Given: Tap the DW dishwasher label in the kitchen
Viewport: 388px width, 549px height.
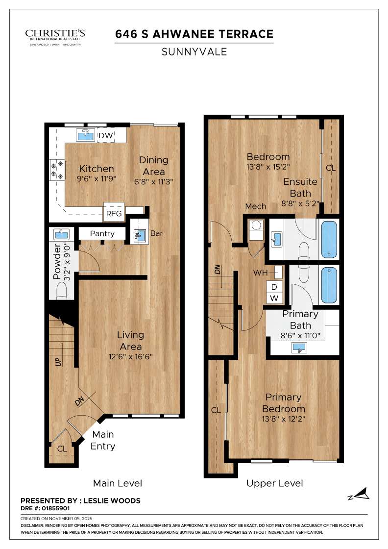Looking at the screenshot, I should (x=106, y=135).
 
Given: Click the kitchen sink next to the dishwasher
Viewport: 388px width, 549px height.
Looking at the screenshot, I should (x=86, y=134).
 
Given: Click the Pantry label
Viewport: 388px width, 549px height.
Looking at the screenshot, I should (x=102, y=234).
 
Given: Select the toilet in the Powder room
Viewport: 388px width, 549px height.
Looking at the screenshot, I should (x=62, y=292).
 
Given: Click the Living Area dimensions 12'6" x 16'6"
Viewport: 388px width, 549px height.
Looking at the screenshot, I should (x=130, y=356).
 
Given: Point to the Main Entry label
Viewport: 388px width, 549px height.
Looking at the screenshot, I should (x=103, y=440).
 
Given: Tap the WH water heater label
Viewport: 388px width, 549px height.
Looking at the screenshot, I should (x=261, y=272).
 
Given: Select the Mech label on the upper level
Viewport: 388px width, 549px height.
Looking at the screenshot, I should (x=255, y=206).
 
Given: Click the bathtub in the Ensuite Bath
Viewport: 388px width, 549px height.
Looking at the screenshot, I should (x=329, y=240).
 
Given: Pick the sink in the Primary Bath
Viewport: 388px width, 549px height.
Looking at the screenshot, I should (x=298, y=348).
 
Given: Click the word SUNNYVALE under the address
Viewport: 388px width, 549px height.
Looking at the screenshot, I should (x=194, y=51).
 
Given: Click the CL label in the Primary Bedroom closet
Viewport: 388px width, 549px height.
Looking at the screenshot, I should (x=216, y=410).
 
